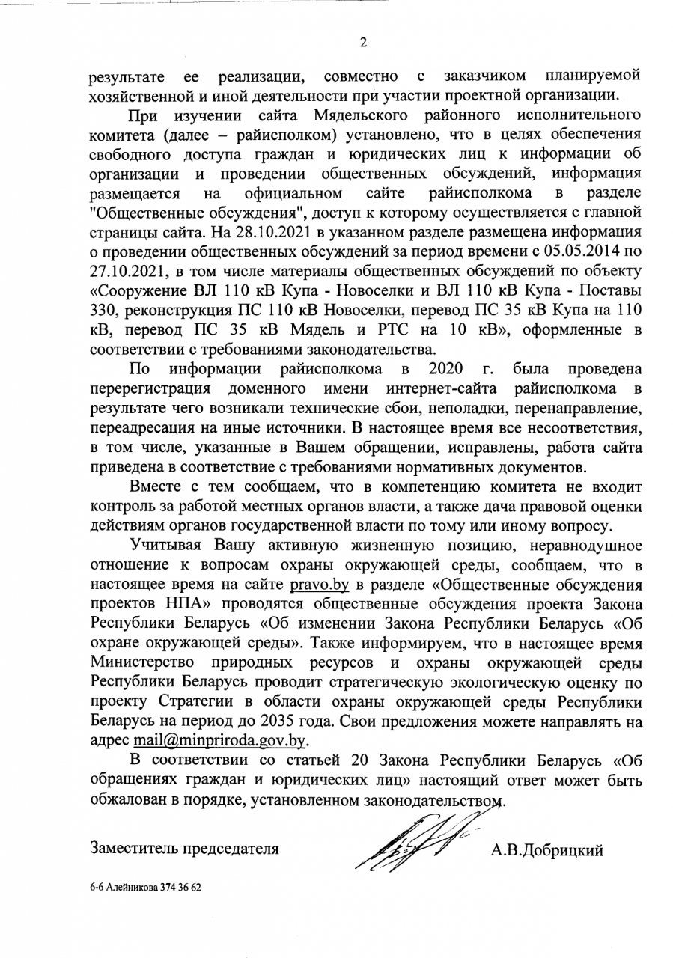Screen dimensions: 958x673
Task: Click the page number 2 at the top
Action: (x=363, y=42)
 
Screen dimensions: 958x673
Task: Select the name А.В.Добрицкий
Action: (x=546, y=849)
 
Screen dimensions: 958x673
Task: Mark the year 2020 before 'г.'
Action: (x=447, y=369)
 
